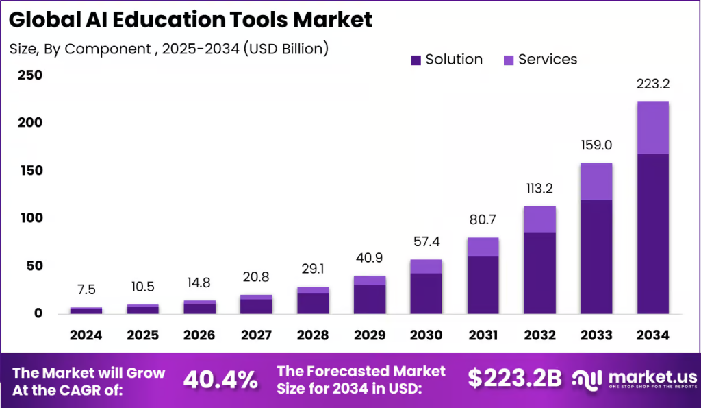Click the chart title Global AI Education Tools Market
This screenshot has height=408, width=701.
(191, 19)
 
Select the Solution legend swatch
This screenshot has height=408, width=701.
(416, 60)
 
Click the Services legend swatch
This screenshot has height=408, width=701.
(508, 60)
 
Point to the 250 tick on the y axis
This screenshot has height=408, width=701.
(29, 75)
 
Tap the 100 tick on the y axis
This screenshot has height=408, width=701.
(29, 218)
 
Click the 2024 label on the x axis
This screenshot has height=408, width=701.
(86, 335)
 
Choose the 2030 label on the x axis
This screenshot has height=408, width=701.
(426, 335)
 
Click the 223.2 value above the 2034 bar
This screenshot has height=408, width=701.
(652, 84)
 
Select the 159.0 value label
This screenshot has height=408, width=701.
(596, 146)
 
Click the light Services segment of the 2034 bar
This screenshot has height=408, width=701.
(652, 128)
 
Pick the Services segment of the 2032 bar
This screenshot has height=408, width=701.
(539, 219)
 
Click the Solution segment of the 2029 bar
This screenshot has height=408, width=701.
(370, 299)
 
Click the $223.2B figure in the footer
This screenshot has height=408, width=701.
(515, 378)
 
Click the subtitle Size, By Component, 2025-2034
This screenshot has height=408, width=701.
(169, 49)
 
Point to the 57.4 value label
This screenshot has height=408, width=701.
(426, 242)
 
